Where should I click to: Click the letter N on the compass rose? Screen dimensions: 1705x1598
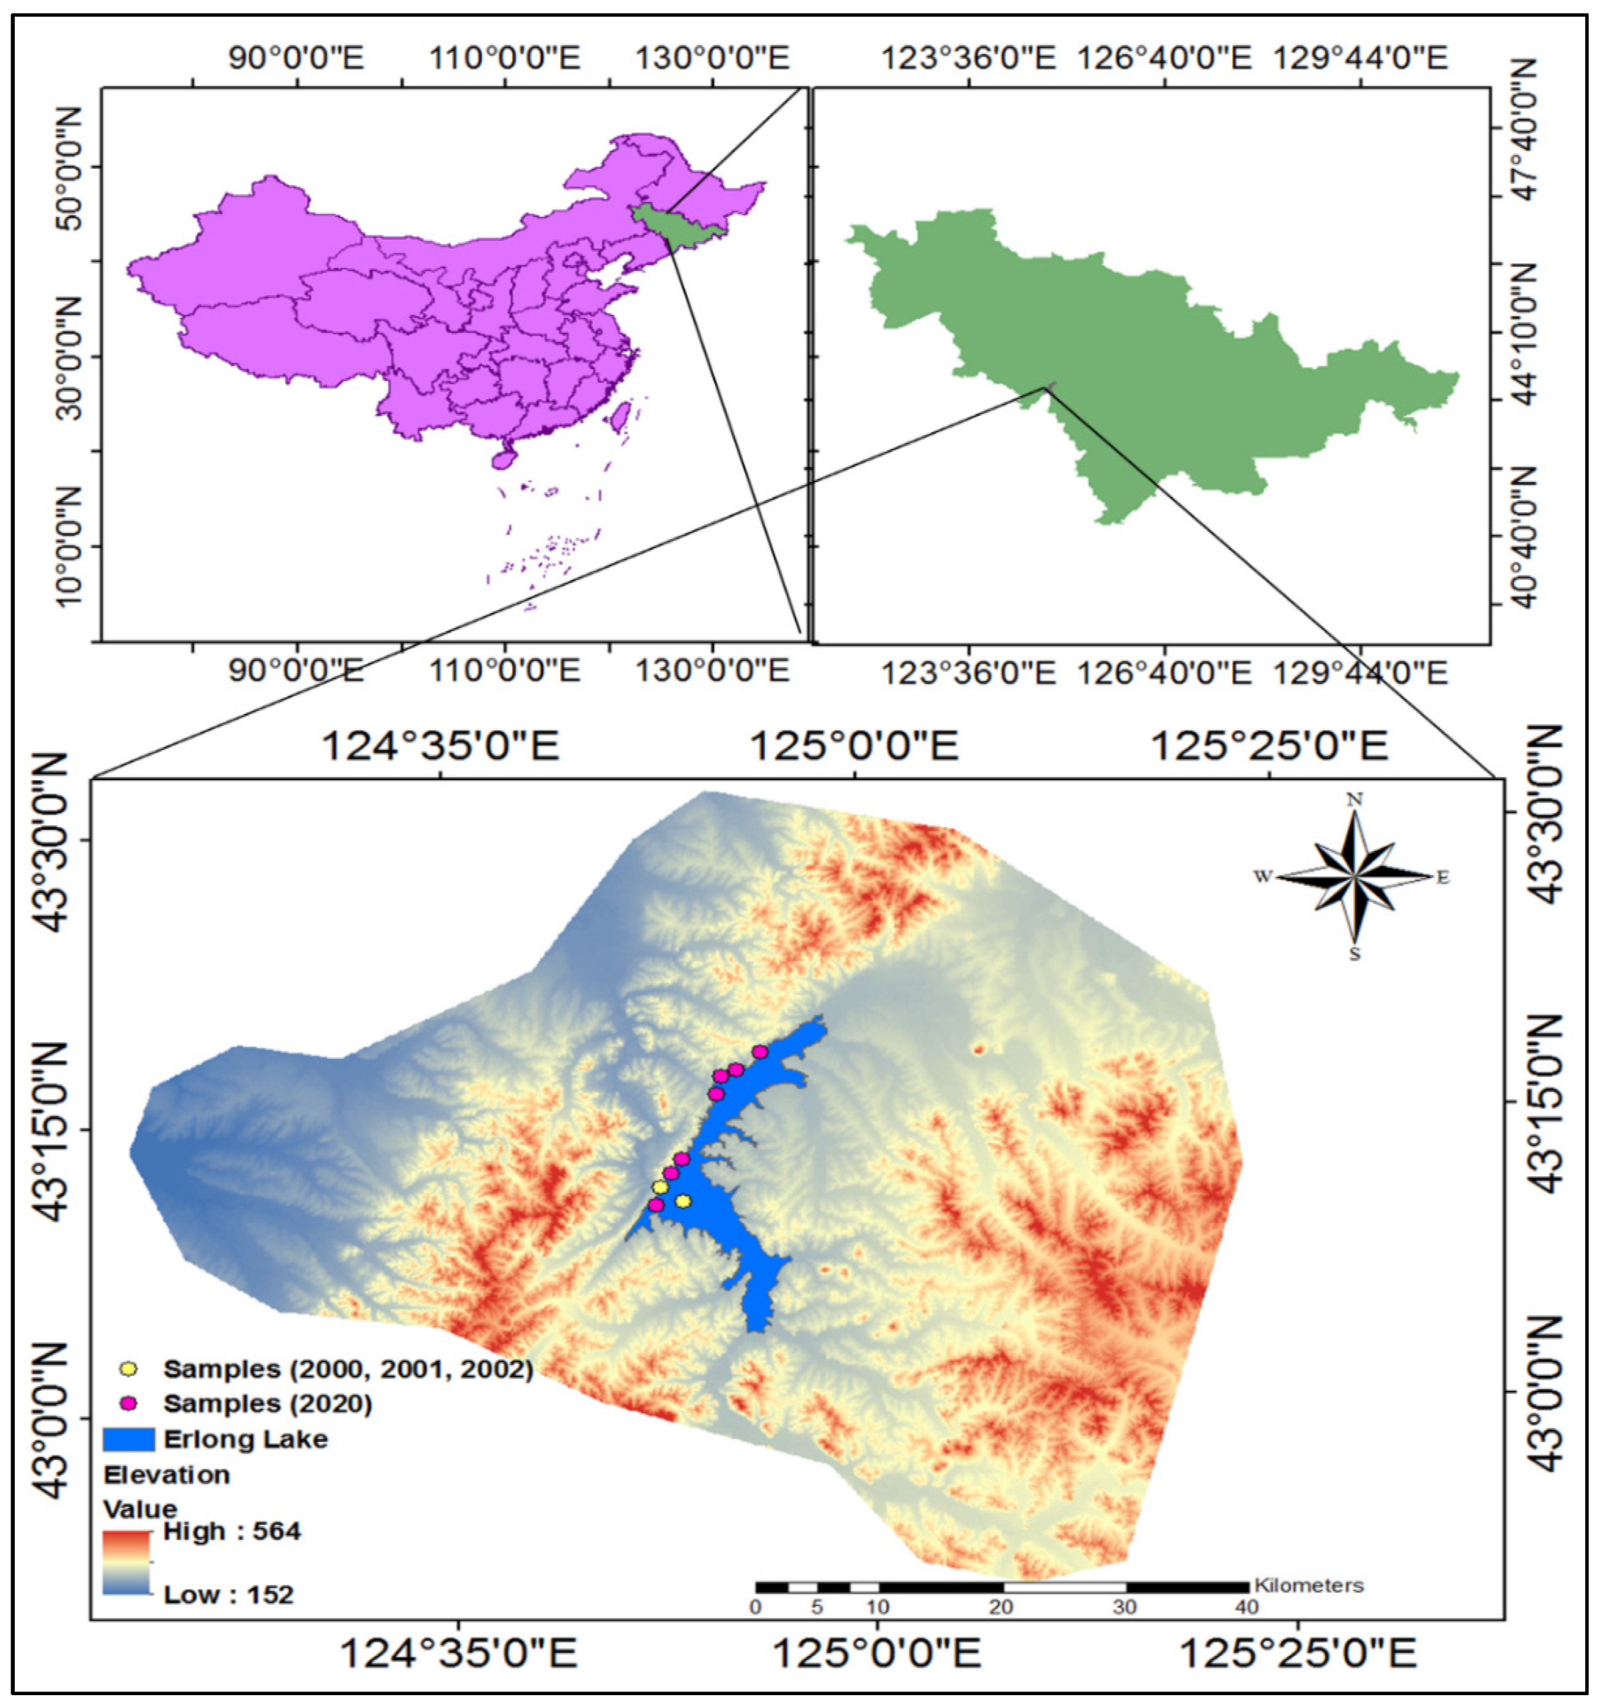[x=1355, y=800]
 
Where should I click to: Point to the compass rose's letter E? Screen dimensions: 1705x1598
[x=1444, y=877]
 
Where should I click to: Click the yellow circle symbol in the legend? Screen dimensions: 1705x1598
[x=129, y=1368]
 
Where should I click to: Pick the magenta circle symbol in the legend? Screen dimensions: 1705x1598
[x=129, y=1404]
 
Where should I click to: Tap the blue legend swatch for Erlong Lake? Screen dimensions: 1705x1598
[x=128, y=1439]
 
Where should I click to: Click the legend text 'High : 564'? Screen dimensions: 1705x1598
[x=232, y=1531]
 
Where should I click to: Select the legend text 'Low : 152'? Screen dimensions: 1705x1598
[x=228, y=1595]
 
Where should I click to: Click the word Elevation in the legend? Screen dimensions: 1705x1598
[x=167, y=1475]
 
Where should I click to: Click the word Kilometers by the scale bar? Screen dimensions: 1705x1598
[x=1308, y=1585]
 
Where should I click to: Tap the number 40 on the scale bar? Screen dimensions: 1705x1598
[x=1246, y=1607]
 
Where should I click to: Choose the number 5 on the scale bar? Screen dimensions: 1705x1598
[x=817, y=1607]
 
